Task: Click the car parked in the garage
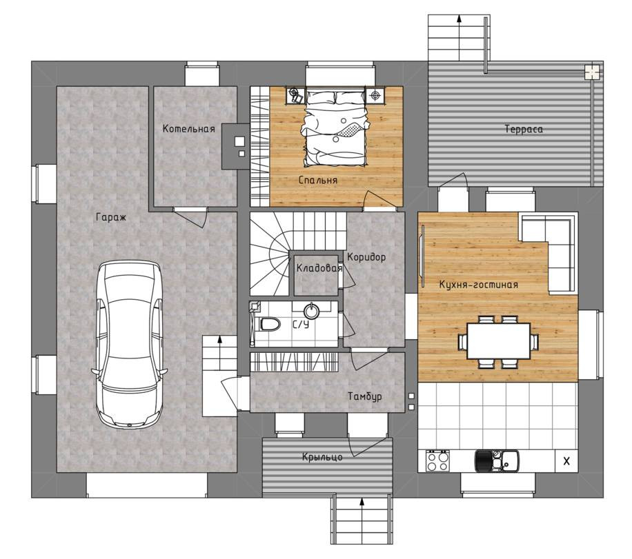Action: pos(129,345)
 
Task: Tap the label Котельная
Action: pos(188,129)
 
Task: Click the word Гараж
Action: pos(111,218)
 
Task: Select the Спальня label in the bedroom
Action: pos(317,180)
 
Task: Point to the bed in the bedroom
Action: pos(335,128)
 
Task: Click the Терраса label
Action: pos(524,129)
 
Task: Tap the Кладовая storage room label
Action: pos(319,268)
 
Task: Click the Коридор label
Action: pos(366,257)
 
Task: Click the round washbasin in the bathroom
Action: pos(312,310)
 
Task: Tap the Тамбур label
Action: pos(365,397)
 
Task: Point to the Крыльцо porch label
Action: pos(322,457)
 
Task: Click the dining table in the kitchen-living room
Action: pos(498,341)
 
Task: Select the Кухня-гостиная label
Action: pos(478,285)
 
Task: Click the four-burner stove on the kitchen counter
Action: pos(437,461)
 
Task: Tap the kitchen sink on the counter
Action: pos(497,460)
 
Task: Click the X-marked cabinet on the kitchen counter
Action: pos(566,461)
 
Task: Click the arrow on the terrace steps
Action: pos(459,37)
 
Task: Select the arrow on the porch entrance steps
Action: pos(362,520)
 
